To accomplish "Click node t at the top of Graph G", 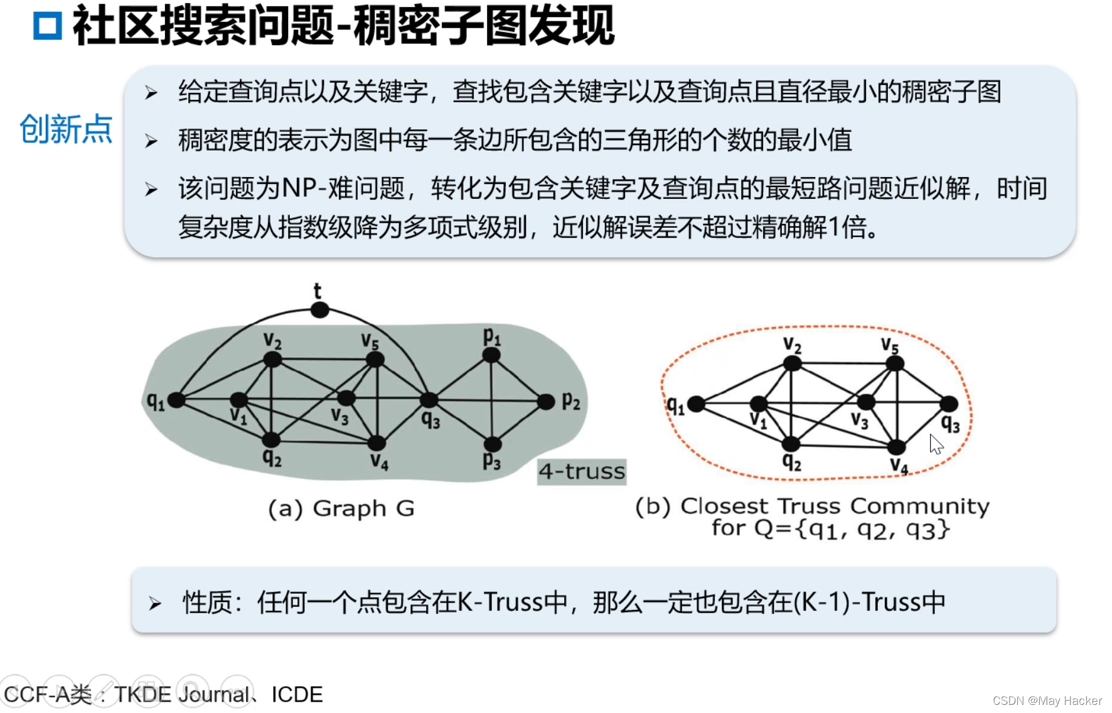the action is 320,309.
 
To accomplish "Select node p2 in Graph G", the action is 546,400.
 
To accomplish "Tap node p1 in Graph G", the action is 491,355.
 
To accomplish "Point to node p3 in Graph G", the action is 493,444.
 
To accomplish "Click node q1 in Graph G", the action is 176,400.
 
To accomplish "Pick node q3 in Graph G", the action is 429,399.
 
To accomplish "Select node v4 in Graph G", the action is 376,444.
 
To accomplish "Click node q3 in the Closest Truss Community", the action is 949,404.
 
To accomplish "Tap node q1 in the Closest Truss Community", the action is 695,404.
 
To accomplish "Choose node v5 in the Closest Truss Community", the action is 895,363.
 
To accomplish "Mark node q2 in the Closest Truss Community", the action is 791,444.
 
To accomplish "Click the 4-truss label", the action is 582,471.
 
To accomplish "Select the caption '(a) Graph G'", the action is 341,508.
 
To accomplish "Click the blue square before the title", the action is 48,26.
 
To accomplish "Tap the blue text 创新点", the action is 66,129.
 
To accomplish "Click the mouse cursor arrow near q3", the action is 936,444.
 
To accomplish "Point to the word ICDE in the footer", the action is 297,695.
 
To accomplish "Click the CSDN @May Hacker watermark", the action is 1047,700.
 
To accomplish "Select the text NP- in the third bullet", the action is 304,188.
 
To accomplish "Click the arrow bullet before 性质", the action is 154,604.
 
